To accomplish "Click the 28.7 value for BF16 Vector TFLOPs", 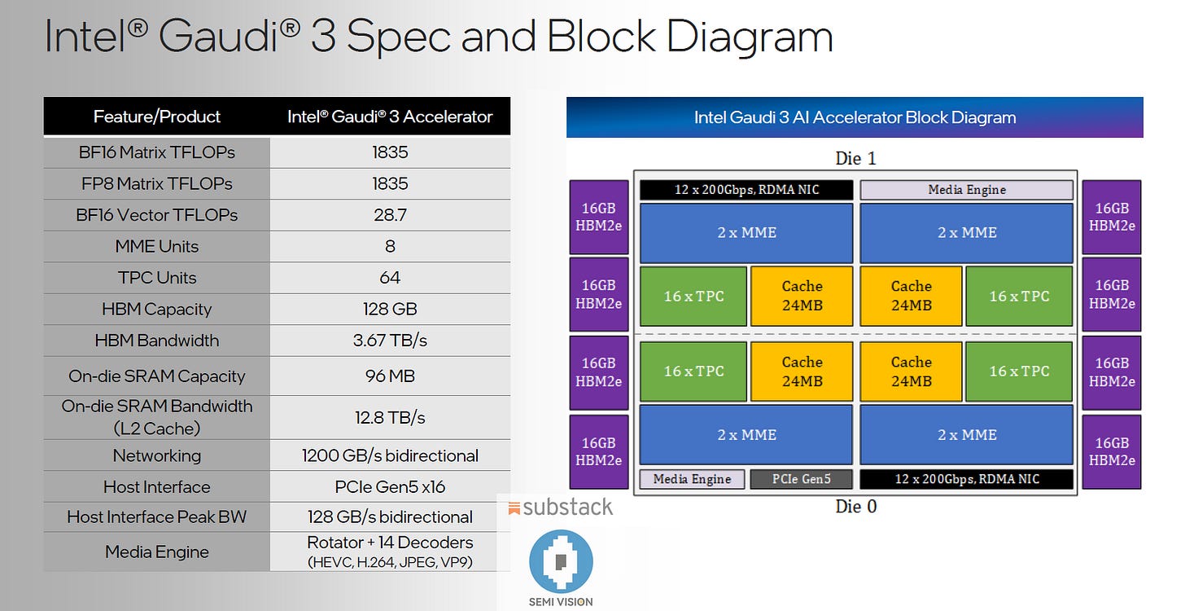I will [x=390, y=215].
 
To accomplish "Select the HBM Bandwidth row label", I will [x=156, y=341].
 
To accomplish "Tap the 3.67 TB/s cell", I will [x=390, y=341].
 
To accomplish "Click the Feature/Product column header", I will [x=156, y=116].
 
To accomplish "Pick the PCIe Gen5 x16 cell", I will [x=390, y=487].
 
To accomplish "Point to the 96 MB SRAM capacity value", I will [x=390, y=376].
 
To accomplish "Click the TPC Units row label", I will [x=156, y=278].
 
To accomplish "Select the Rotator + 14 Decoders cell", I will [x=390, y=543].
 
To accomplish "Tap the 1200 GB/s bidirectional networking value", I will [x=390, y=455].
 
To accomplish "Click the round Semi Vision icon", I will [x=561, y=561].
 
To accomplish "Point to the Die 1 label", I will [x=855, y=158].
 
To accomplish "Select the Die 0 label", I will [x=855, y=507].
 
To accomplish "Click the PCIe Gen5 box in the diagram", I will [x=801, y=479].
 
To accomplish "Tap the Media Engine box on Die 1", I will [x=967, y=190].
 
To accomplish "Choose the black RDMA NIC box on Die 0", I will [x=967, y=479].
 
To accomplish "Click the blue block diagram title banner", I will [x=855, y=117].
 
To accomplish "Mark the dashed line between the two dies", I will [x=855, y=335].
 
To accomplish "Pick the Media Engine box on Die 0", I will [x=692, y=479].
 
